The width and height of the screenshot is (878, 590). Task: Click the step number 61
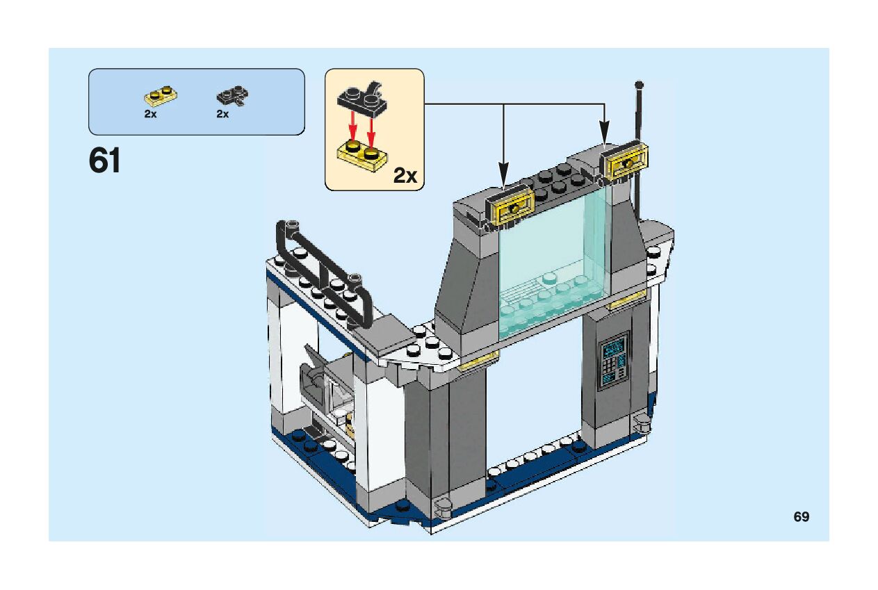click(x=105, y=162)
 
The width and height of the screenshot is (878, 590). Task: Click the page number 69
click(x=801, y=517)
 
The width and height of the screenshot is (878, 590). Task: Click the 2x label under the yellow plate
click(x=151, y=115)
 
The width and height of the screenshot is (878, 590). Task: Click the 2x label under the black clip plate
click(x=222, y=115)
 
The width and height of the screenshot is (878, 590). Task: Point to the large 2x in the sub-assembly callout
click(x=405, y=175)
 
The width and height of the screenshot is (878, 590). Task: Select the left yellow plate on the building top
click(x=512, y=207)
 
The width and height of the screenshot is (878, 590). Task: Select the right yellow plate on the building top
click(x=627, y=161)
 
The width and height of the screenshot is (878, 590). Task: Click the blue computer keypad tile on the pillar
click(x=614, y=360)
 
